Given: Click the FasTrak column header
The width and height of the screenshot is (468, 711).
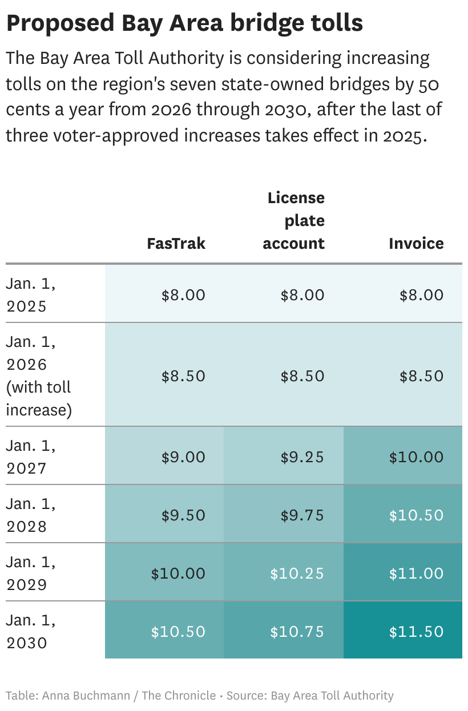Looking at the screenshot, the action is pyautogui.click(x=176, y=244).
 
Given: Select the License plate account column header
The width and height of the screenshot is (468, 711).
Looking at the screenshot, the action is pyautogui.click(x=294, y=221).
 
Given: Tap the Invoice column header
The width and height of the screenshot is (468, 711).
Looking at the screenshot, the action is pyautogui.click(x=416, y=244).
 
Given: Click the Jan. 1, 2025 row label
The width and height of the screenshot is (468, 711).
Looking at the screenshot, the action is pyautogui.click(x=31, y=295).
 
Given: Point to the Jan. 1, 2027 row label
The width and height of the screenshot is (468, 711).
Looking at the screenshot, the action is pyautogui.click(x=31, y=457).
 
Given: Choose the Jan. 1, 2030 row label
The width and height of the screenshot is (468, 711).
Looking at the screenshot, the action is pyautogui.click(x=31, y=632).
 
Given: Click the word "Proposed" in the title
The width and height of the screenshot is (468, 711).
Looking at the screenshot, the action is pyautogui.click(x=60, y=23).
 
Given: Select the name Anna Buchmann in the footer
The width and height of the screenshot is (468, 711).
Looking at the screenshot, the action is pyautogui.click(x=86, y=696).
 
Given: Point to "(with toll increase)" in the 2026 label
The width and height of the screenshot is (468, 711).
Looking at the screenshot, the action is pyautogui.click(x=39, y=399).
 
